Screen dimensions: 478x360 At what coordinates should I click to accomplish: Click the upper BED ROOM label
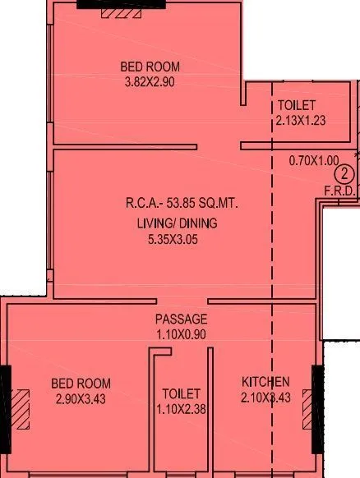[150, 67]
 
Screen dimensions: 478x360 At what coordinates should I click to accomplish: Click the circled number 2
[345, 173]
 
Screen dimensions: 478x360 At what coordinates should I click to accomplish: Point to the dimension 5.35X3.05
[171, 240]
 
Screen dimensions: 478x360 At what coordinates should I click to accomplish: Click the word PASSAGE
[181, 319]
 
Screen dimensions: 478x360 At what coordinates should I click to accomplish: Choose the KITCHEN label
[265, 382]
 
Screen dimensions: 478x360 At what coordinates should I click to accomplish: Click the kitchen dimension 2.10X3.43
[265, 398]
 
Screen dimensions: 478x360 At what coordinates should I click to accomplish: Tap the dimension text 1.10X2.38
[181, 408]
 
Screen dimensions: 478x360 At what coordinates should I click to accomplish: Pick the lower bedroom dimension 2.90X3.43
[81, 398]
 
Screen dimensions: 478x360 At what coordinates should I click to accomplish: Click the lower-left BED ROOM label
[81, 384]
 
